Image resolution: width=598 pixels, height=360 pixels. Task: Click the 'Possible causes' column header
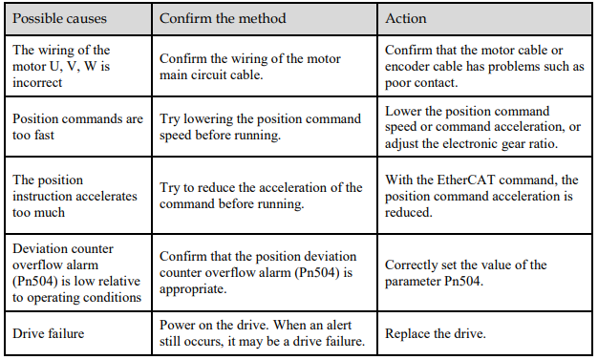(59, 19)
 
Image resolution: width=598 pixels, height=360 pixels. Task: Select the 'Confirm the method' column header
(223, 19)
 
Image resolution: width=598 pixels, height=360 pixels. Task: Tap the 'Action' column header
(406, 19)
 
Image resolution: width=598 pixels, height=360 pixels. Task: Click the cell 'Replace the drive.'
(436, 333)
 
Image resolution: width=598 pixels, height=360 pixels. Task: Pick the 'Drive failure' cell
(49, 333)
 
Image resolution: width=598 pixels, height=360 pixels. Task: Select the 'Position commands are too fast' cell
(77, 127)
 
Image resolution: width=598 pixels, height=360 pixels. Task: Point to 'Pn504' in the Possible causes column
(37, 282)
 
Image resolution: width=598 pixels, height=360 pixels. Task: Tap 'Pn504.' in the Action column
(463, 282)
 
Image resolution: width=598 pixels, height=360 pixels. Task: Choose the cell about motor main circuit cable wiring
(250, 67)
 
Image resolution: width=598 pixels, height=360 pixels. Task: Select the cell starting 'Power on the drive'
(263, 333)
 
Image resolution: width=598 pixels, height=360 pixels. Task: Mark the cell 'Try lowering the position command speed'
(260, 127)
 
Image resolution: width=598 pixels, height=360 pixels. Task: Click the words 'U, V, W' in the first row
(74, 67)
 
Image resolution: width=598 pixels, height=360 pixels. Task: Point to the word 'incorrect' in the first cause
(37, 83)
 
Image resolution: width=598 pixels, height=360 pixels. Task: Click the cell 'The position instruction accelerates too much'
(75, 196)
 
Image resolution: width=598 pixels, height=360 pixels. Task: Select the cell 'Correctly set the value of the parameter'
(466, 273)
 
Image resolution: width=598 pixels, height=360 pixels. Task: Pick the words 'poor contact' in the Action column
(420, 83)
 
